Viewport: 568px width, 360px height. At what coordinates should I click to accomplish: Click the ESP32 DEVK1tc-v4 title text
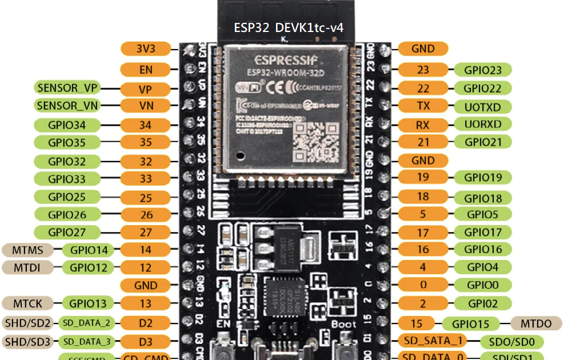(289, 27)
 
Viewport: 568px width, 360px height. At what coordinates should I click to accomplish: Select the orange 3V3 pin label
(146, 49)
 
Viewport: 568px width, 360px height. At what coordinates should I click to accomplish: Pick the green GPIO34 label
(66, 125)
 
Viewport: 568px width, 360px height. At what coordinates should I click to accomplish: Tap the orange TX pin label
(423, 106)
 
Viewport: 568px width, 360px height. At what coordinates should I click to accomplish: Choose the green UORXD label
(483, 124)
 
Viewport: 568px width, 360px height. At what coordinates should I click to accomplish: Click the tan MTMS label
(27, 249)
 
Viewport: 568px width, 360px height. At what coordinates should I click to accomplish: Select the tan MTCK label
(27, 303)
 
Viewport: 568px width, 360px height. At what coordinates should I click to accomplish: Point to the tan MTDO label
(536, 323)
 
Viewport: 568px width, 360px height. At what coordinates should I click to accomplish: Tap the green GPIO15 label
(470, 324)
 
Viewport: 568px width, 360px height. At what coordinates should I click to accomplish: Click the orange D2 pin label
(146, 323)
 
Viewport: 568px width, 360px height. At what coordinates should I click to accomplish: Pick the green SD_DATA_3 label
(86, 342)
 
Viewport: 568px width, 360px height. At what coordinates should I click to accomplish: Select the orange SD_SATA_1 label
(433, 341)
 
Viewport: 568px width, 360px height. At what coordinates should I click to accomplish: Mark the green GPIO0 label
(482, 285)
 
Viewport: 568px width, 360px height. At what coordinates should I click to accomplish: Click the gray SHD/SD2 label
(27, 323)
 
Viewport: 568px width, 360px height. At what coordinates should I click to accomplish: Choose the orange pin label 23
(423, 70)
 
